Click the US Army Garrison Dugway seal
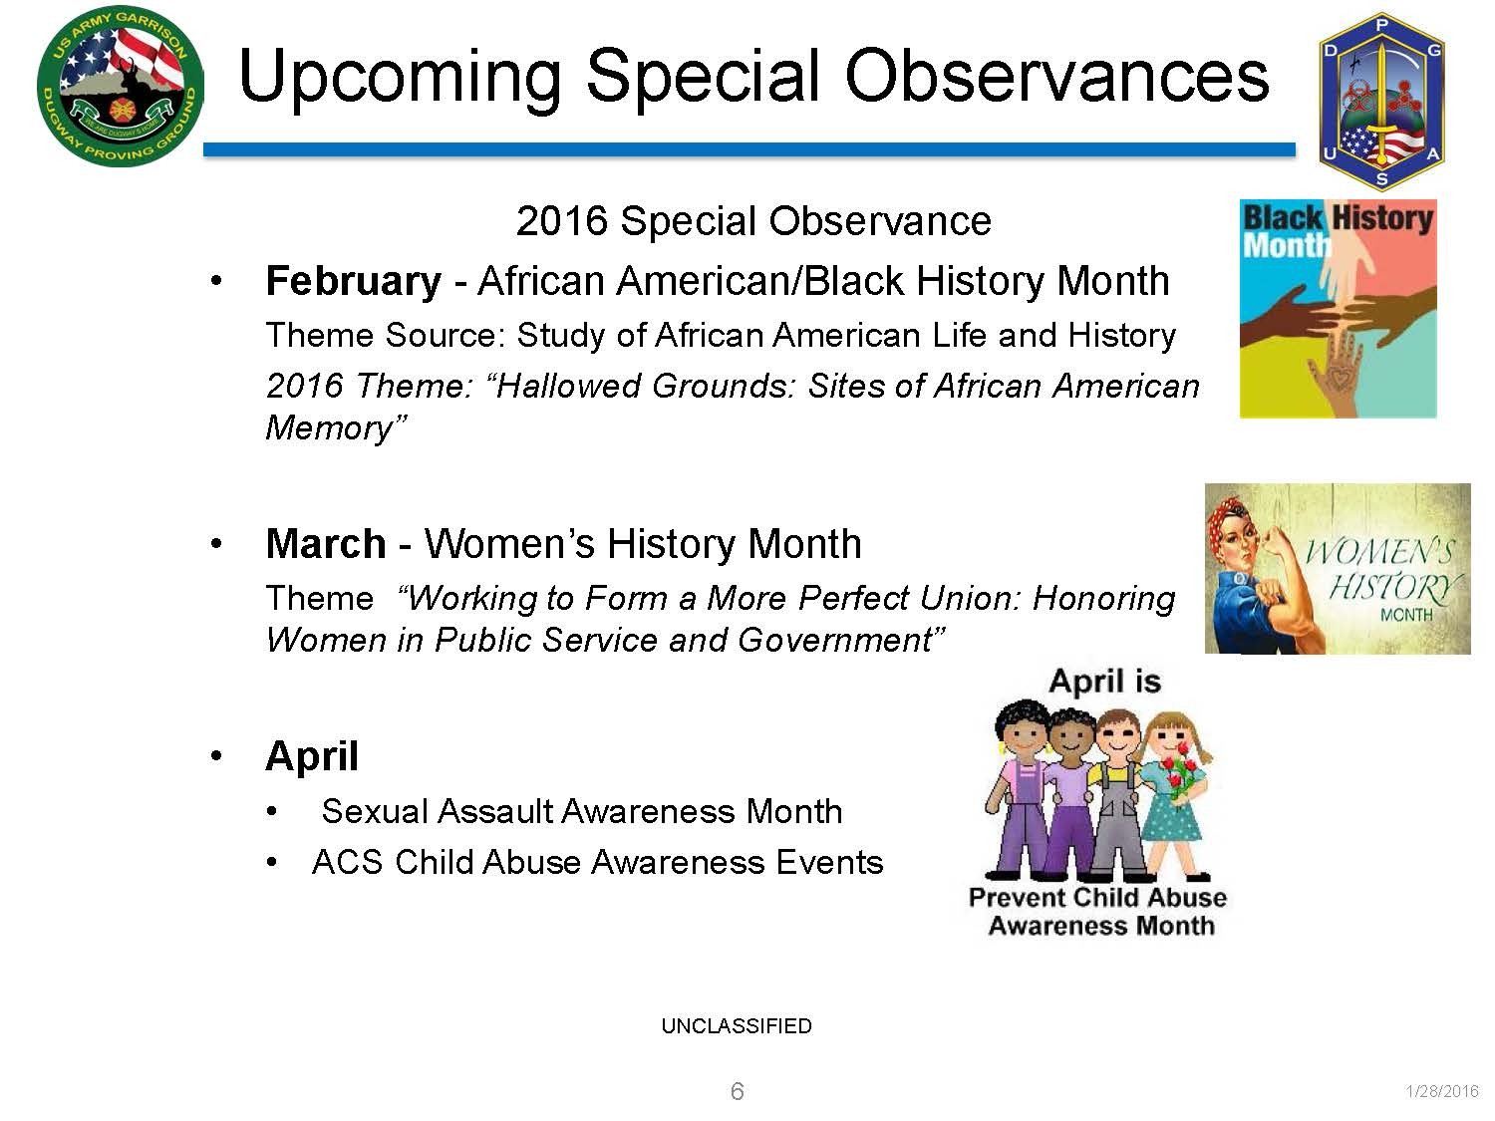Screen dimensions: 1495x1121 (121, 87)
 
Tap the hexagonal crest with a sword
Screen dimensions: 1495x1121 (1381, 101)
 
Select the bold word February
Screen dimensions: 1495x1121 (354, 280)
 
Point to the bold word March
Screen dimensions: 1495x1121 (326, 544)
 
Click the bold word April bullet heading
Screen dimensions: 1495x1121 (312, 757)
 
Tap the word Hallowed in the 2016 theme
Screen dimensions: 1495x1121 (567, 386)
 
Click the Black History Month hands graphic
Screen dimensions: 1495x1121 (1338, 308)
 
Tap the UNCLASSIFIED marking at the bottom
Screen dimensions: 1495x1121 (737, 1025)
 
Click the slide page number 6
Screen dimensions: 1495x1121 (737, 1091)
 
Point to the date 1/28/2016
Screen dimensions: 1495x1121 (1442, 1091)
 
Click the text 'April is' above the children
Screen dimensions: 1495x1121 (1104, 681)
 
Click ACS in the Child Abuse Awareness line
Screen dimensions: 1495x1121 (348, 862)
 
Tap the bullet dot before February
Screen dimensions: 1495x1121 (216, 280)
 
